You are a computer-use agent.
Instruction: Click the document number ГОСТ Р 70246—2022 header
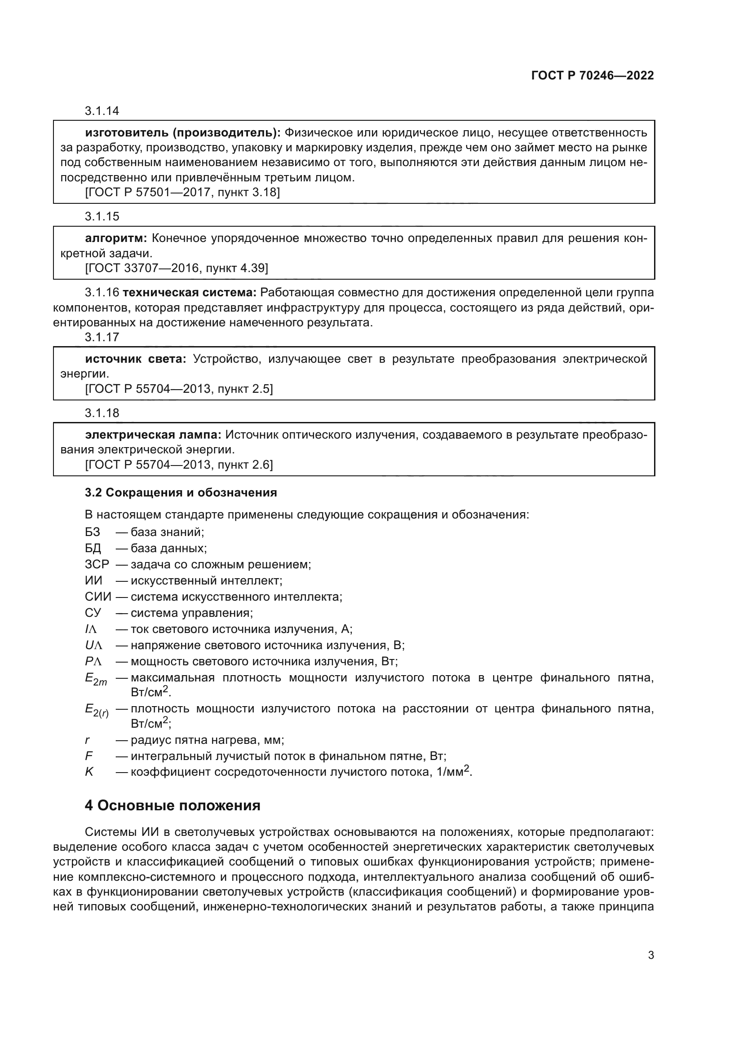tap(593, 75)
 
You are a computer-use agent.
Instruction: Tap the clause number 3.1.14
tap(102, 111)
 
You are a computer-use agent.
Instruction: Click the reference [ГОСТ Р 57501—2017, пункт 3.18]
tap(182, 192)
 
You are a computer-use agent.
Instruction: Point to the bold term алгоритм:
tap(116, 238)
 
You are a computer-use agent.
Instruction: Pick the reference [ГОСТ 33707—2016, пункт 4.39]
tap(177, 268)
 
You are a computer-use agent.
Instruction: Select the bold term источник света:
tap(135, 359)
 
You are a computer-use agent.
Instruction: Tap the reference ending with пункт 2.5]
tap(179, 389)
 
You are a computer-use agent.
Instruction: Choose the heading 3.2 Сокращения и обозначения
tap(181, 492)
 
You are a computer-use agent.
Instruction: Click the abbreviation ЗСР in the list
tap(97, 564)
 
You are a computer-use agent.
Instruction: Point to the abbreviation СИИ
tap(98, 597)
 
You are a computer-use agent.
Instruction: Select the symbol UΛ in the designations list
tap(94, 645)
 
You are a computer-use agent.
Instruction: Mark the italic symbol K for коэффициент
tap(89, 772)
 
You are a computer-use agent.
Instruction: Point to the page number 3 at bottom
tap(651, 955)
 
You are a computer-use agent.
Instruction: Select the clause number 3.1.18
tap(102, 413)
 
